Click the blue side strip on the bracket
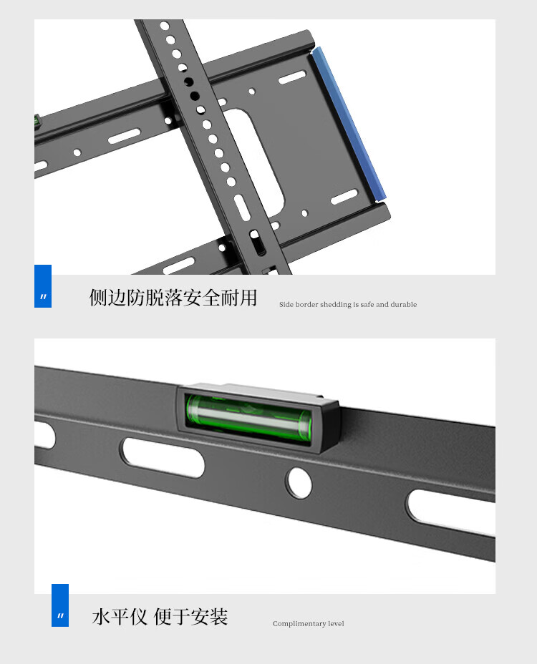click(349, 122)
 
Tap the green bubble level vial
click(249, 419)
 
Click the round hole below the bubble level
click(299, 482)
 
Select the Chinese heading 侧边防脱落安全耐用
click(173, 298)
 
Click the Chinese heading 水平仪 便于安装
click(160, 617)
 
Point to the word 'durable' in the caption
click(404, 305)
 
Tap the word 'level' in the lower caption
click(336, 623)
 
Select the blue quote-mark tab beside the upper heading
click(43, 286)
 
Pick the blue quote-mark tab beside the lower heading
click(60, 605)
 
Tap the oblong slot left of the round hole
click(163, 457)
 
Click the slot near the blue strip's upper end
click(292, 77)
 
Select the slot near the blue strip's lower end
click(344, 197)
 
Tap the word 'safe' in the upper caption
click(367, 305)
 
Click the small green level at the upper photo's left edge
click(37, 122)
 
